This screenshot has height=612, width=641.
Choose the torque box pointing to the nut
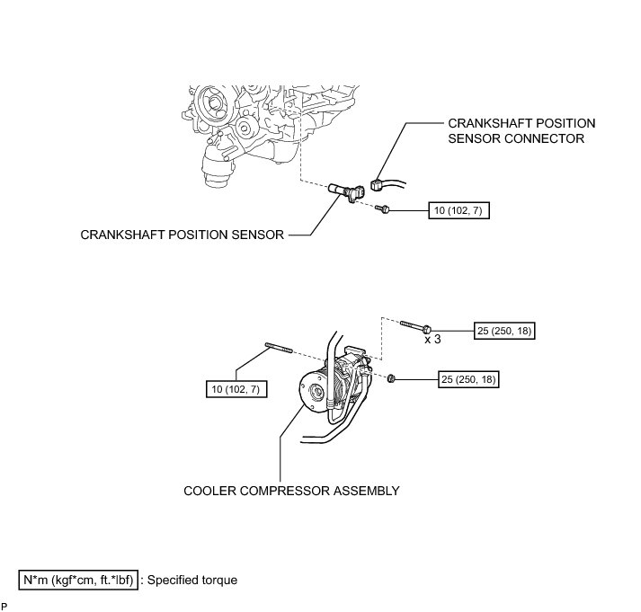point(467,379)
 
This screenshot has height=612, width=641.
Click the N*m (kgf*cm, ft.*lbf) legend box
point(79,580)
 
